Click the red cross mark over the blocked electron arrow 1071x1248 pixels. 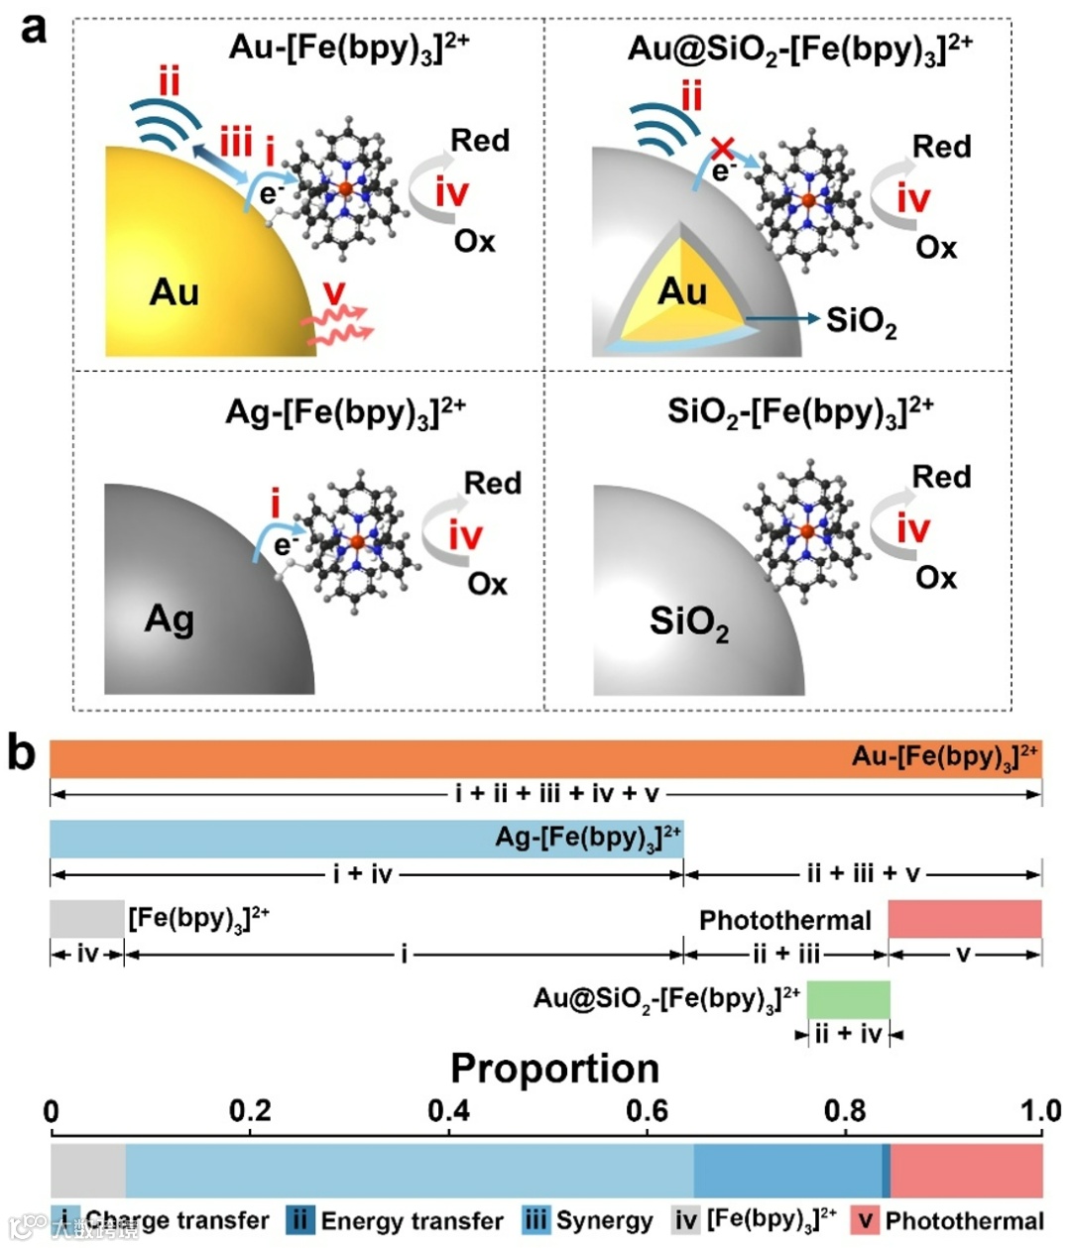[x=723, y=150]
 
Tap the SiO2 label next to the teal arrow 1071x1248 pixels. [x=861, y=320]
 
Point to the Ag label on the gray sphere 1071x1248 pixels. [x=170, y=619]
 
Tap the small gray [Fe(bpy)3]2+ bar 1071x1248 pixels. [x=87, y=918]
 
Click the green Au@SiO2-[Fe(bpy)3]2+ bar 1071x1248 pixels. [x=848, y=999]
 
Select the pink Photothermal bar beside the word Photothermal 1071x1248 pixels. [x=964, y=918]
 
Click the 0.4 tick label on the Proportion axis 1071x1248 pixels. [x=449, y=1110]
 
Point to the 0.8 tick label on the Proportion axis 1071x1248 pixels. [x=846, y=1110]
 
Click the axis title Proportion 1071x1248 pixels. [x=554, y=1069]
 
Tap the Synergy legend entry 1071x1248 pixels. [x=589, y=1220]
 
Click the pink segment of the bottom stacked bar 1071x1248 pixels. [x=967, y=1171]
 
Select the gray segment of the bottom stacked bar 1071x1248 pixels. [x=88, y=1171]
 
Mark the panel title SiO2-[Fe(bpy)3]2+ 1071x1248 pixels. [x=800, y=411]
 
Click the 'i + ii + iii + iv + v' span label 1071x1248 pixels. [x=556, y=794]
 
